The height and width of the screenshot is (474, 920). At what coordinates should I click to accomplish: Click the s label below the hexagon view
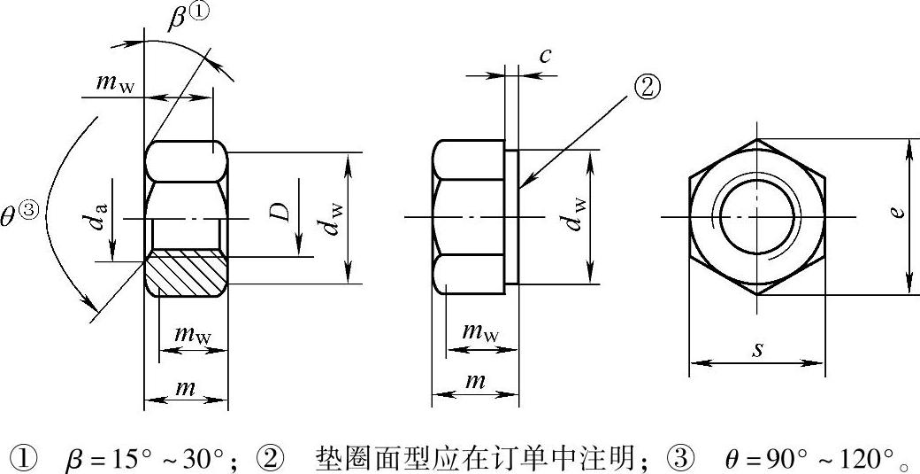click(758, 349)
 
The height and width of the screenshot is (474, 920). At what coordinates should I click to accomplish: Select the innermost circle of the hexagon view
click(757, 218)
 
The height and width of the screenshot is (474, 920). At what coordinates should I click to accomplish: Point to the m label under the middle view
click(475, 382)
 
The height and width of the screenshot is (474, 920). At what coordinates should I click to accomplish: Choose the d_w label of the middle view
click(576, 215)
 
